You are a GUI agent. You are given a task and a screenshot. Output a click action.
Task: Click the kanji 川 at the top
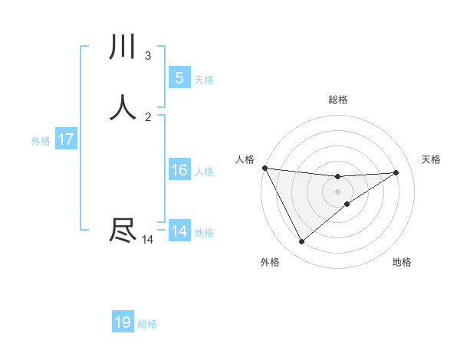pyautogui.click(x=123, y=47)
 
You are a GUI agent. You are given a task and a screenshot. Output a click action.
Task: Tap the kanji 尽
pyautogui.click(x=123, y=231)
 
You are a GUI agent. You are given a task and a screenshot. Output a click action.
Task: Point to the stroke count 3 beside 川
pyautogui.click(x=148, y=55)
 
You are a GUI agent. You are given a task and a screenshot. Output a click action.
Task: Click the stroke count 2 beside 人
pyautogui.click(x=148, y=116)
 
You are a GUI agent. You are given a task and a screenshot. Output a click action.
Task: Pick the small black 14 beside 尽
pyautogui.click(x=147, y=240)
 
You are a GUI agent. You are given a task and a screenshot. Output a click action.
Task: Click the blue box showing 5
pyautogui.click(x=179, y=77)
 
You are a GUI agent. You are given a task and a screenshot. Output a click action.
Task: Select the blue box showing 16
pyautogui.click(x=179, y=170)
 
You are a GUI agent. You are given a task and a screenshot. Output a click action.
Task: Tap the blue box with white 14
pyautogui.click(x=179, y=231)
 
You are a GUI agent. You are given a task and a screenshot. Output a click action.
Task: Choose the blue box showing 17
pyautogui.click(x=66, y=139)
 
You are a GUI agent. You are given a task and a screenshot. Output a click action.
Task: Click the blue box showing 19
pyautogui.click(x=123, y=322)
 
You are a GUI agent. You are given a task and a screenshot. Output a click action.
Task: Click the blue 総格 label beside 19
pyautogui.click(x=147, y=324)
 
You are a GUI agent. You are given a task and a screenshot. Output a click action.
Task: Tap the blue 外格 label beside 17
pyautogui.click(x=41, y=141)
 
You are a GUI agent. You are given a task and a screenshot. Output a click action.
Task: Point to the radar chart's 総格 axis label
pyautogui.click(x=338, y=100)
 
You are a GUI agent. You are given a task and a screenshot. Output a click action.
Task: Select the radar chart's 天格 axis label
pyautogui.click(x=431, y=159)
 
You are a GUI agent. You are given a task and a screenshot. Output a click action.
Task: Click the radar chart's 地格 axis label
pyautogui.click(x=402, y=262)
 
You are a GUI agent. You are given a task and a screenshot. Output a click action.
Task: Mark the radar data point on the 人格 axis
pyautogui.click(x=264, y=168)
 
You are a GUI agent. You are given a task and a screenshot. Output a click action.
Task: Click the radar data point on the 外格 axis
pyautogui.click(x=301, y=242)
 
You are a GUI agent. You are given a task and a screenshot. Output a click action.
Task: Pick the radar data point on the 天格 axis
pyautogui.click(x=396, y=172)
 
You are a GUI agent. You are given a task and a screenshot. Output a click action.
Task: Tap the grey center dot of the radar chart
pyautogui.click(x=337, y=191)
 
